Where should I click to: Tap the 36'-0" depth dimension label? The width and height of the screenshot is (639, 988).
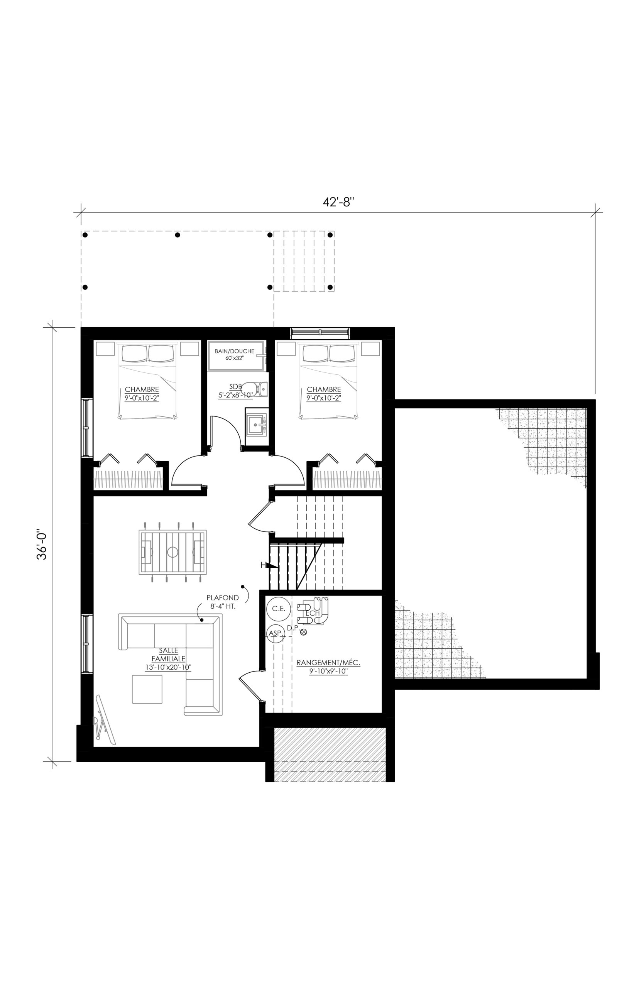coord(42,544)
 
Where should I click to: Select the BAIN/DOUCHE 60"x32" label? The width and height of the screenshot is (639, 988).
coord(235,354)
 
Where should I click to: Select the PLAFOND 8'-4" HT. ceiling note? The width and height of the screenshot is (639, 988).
coord(223,602)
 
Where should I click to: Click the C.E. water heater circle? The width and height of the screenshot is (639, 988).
coord(279,608)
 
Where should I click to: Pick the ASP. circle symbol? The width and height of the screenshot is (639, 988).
coord(276,634)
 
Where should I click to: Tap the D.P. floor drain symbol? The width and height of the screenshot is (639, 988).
coord(303,632)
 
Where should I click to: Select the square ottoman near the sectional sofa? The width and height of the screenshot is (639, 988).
coord(147,689)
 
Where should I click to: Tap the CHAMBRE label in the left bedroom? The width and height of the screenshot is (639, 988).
coord(142,390)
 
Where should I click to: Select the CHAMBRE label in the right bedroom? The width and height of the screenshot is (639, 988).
coord(324,390)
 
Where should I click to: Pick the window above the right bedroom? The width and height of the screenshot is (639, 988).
coord(320,333)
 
